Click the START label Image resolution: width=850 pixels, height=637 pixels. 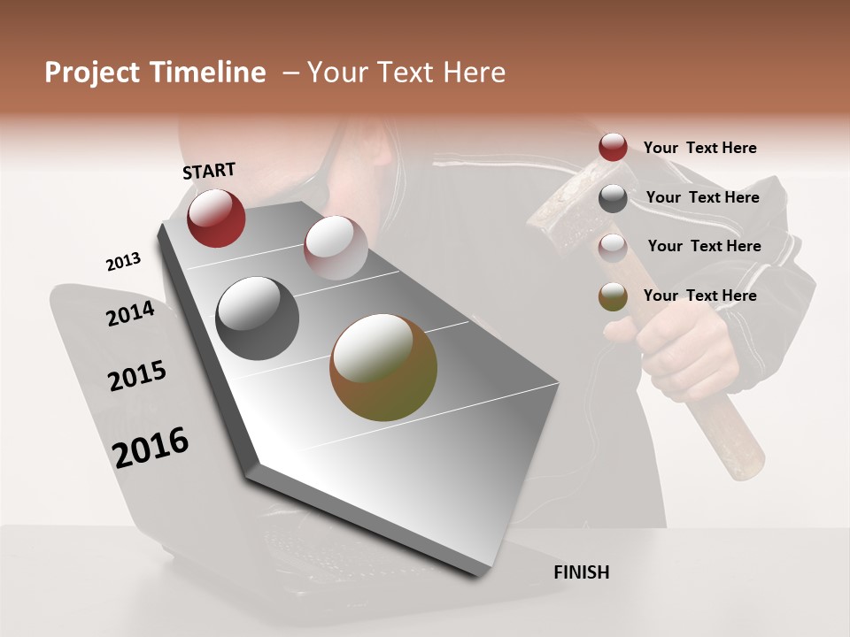pyautogui.click(x=209, y=171)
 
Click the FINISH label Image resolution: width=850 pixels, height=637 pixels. pyautogui.click(x=581, y=572)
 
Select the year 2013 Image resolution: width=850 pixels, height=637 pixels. pyautogui.click(x=123, y=262)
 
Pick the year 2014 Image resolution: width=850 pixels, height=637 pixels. pyautogui.click(x=130, y=313)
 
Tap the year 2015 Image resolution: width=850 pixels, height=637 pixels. pyautogui.click(x=136, y=376)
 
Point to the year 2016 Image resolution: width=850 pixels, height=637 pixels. pyautogui.click(x=151, y=448)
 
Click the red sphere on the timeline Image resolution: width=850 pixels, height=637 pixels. pyautogui.click(x=216, y=218)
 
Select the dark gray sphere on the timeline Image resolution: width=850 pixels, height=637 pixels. pyautogui.click(x=257, y=318)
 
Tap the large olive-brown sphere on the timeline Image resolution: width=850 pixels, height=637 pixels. pyautogui.click(x=383, y=367)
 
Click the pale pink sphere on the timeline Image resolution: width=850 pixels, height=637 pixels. pyautogui.click(x=336, y=247)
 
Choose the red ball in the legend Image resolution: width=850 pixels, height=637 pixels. pyautogui.click(x=613, y=148)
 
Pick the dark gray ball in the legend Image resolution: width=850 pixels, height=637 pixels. pyautogui.click(x=613, y=198)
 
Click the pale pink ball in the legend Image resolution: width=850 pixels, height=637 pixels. pyautogui.click(x=613, y=247)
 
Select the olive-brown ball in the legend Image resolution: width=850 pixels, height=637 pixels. pyautogui.click(x=613, y=296)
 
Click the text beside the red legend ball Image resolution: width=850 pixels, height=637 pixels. pyautogui.click(x=699, y=148)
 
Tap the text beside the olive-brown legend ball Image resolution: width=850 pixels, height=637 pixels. pyautogui.click(x=699, y=295)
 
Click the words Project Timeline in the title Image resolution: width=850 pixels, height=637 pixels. pyautogui.click(x=155, y=73)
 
